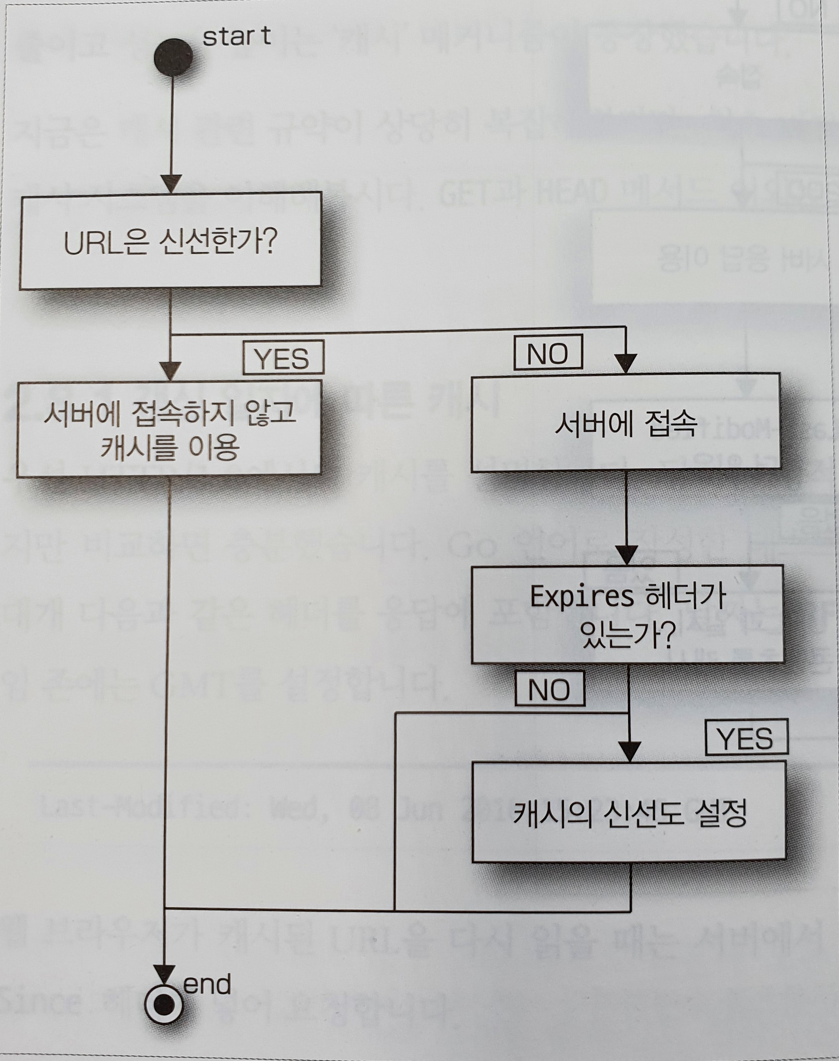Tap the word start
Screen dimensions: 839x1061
(236, 37)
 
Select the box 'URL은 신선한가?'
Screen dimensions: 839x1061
(170, 240)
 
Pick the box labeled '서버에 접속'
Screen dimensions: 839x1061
(625, 423)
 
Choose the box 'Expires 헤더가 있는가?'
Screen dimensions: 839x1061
(627, 615)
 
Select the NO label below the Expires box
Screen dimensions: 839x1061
(549, 690)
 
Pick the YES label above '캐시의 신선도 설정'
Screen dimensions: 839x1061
(745, 737)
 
